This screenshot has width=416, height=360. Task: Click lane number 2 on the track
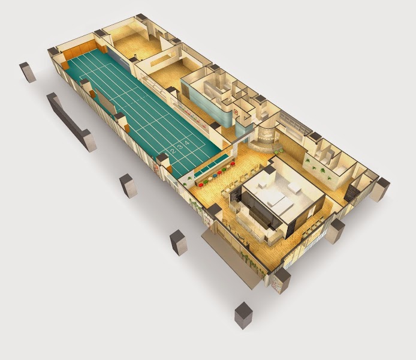point(173,152)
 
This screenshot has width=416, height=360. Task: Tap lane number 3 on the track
point(180,147)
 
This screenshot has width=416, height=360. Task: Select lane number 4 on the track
point(187,143)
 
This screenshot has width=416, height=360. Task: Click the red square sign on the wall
point(236,112)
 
